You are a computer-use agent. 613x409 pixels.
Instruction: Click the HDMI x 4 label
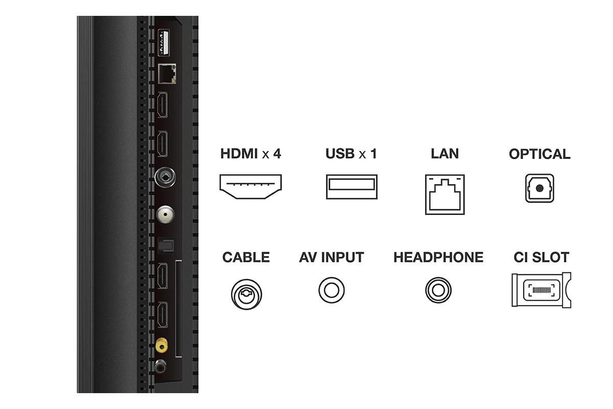251,153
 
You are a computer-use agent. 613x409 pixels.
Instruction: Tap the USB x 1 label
351,153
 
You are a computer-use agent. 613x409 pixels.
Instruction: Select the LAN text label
445,153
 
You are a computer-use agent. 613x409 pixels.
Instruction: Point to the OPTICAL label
539,154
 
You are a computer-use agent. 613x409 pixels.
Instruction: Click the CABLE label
246,257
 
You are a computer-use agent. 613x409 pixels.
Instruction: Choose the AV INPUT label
332,257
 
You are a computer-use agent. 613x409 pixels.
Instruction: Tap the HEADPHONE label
438,257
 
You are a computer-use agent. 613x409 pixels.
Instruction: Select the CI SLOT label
541,257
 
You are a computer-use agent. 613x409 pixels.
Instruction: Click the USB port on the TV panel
163,43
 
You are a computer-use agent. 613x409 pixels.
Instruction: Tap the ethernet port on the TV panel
167,74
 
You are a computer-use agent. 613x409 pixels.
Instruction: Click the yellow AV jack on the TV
161,346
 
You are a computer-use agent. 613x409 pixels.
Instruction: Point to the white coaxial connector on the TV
166,215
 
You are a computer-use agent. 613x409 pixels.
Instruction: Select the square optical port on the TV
166,245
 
